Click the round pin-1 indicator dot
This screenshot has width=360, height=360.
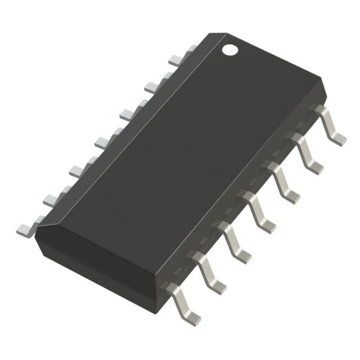[x=230, y=49]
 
